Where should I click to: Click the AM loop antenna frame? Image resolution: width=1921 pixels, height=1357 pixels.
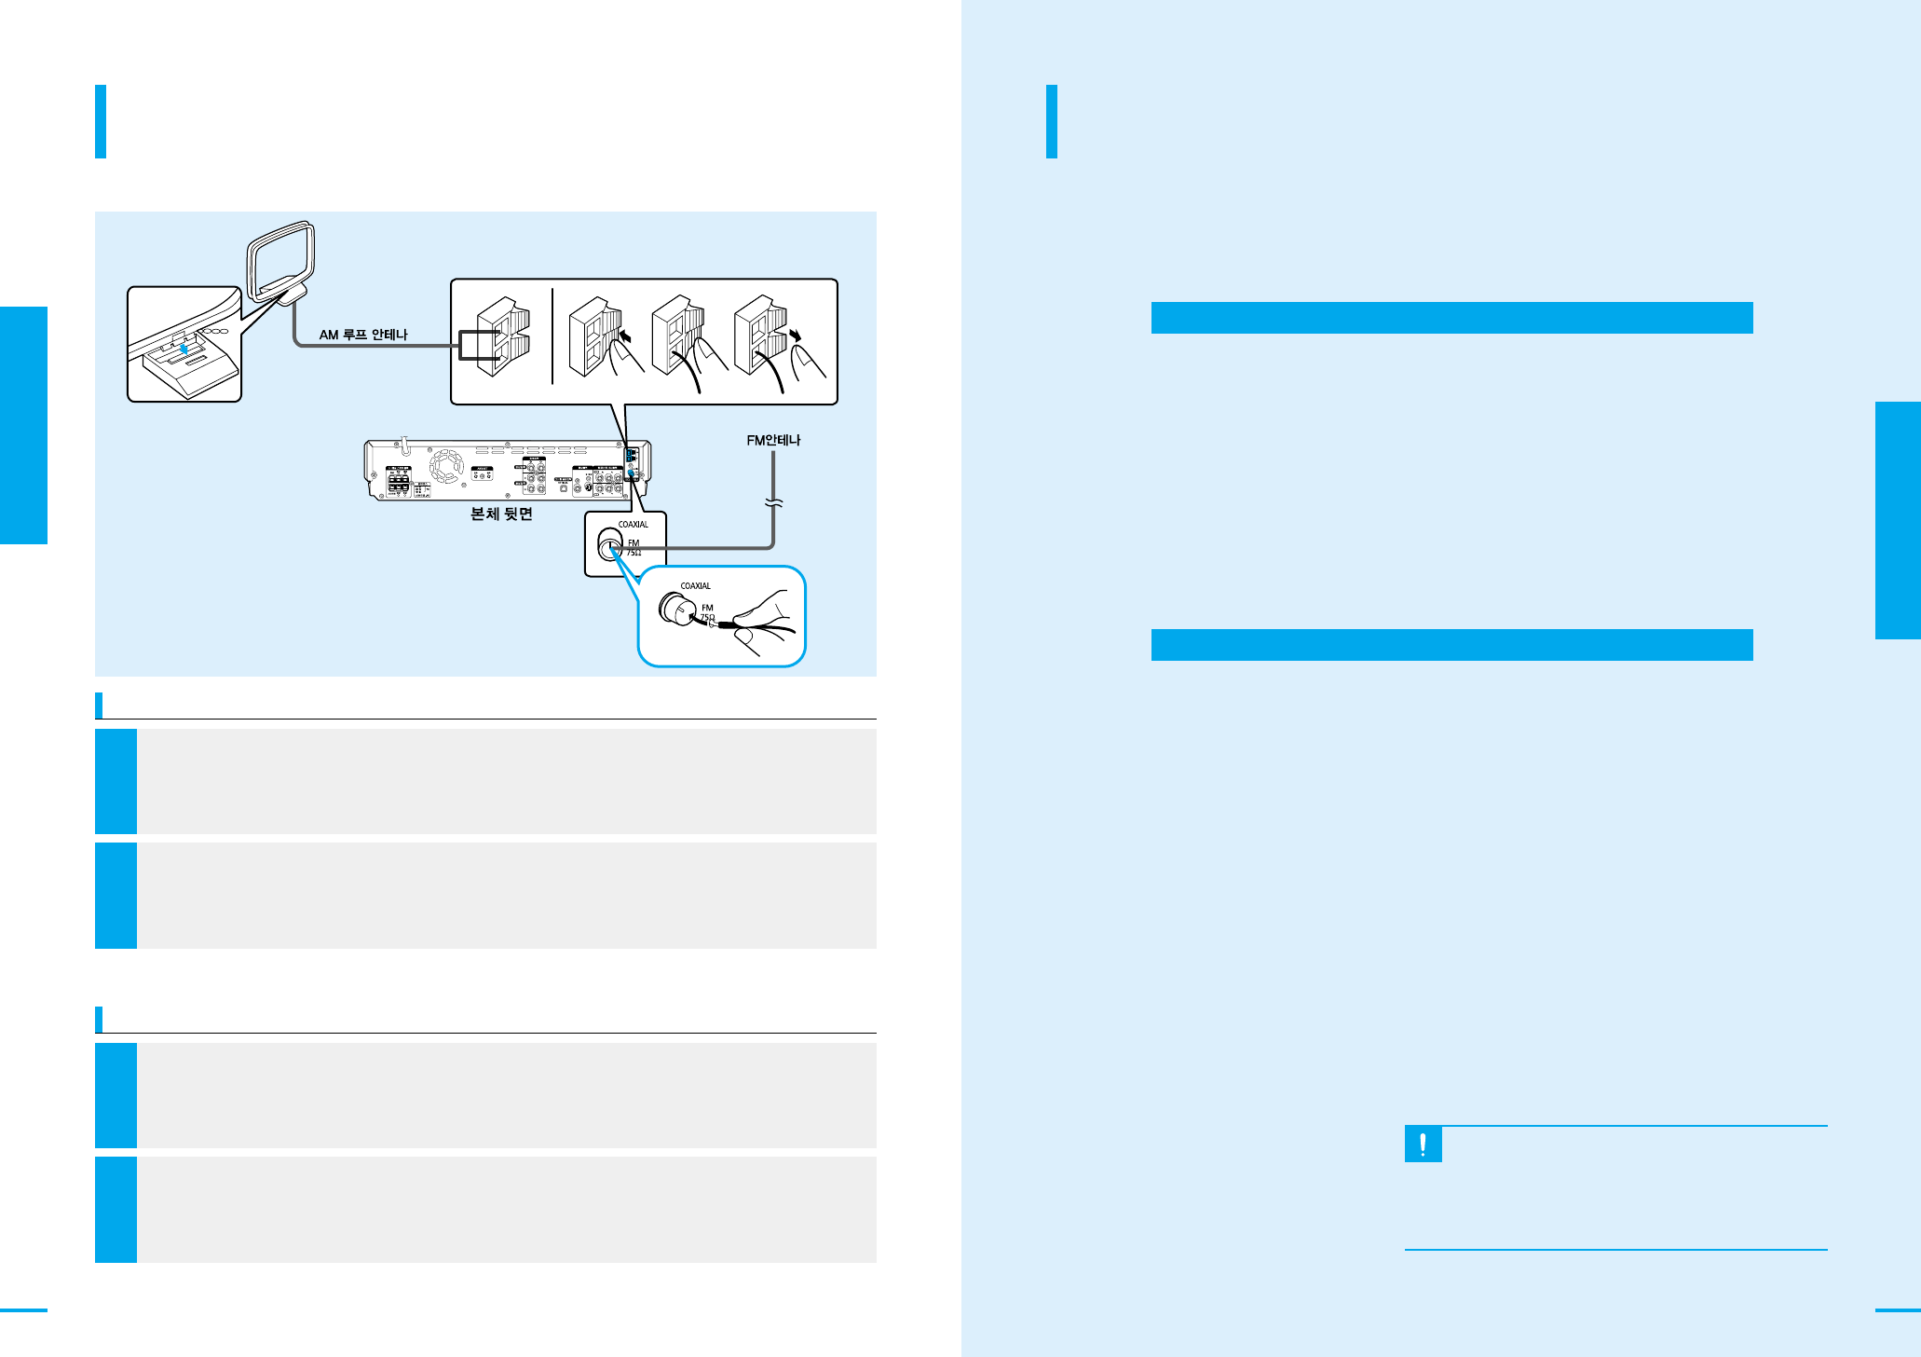[280, 257]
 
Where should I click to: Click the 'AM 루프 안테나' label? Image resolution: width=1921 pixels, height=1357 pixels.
[363, 335]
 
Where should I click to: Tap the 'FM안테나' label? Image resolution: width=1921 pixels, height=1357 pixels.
[773, 440]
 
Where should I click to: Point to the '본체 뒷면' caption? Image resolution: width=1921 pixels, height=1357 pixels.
[501, 514]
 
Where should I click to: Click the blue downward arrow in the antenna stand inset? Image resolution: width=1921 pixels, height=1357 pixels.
[185, 349]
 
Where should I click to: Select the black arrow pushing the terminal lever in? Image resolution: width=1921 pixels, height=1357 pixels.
[625, 333]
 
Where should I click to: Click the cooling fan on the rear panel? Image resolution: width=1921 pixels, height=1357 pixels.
[446, 466]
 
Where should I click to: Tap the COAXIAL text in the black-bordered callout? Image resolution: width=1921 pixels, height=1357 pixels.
[634, 525]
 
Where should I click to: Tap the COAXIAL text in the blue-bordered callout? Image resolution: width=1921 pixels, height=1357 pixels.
[696, 586]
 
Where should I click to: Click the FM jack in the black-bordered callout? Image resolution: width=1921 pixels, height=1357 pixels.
[609, 547]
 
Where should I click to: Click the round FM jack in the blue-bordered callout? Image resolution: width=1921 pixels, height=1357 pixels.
[673, 609]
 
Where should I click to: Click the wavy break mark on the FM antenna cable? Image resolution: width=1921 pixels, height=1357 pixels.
[773, 504]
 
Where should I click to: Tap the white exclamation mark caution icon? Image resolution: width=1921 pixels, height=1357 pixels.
[1423, 1145]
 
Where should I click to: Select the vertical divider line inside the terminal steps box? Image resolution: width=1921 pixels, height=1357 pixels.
[552, 336]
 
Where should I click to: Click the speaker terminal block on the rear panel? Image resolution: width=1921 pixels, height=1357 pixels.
[399, 481]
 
